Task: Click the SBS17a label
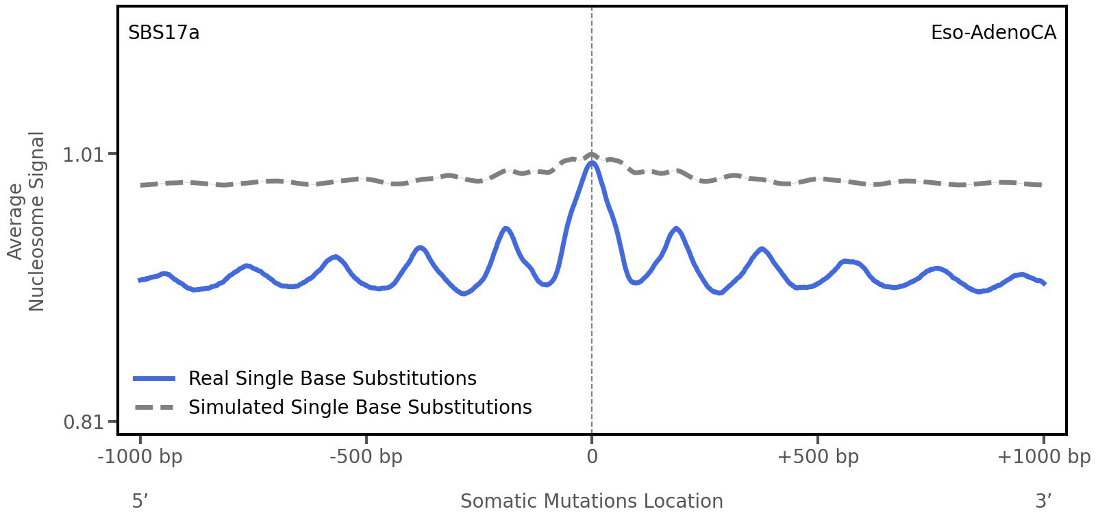[164, 33]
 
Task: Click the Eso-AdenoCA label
[993, 33]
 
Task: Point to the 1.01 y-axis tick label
[82, 155]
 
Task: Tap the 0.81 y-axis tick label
[82, 421]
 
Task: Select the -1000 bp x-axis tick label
[140, 457]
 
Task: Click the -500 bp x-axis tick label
[366, 457]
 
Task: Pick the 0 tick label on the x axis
[592, 457]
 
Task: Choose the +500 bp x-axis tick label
[818, 457]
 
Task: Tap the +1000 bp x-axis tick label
[1043, 457]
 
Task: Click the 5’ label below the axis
[140, 502]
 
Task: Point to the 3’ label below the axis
[1043, 502]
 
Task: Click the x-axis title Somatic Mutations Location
[592, 502]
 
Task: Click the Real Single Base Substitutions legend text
[332, 379]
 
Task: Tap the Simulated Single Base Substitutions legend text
[360, 408]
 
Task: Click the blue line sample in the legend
[155, 379]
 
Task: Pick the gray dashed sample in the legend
[155, 408]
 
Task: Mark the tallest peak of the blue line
[592, 163]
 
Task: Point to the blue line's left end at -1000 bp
[140, 280]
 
